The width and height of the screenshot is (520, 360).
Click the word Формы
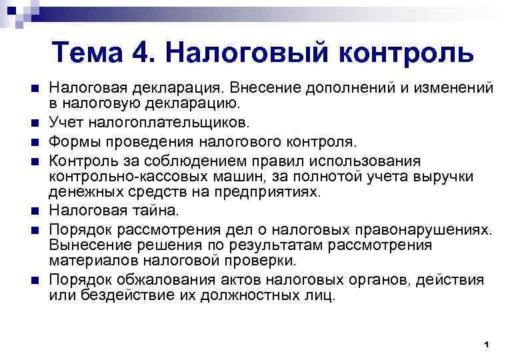(75, 141)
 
